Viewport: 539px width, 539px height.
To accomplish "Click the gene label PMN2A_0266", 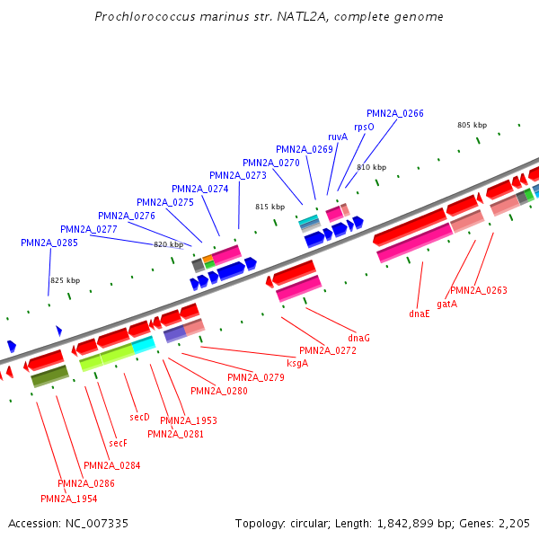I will (x=395, y=113).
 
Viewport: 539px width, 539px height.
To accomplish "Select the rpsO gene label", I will (x=364, y=127).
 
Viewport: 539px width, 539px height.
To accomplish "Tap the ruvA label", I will (x=338, y=137).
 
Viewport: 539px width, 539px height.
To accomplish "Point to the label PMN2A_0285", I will (x=49, y=243).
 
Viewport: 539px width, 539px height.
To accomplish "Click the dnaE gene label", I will (x=420, y=314).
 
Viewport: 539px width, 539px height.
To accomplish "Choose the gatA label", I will (x=447, y=304).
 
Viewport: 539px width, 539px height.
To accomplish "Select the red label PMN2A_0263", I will (x=479, y=290).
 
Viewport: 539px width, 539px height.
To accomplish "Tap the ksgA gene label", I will (x=297, y=363).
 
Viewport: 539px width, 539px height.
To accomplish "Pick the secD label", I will (x=139, y=417).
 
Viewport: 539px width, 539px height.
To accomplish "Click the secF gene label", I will (x=119, y=443).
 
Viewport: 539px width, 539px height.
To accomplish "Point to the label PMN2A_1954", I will (x=69, y=498).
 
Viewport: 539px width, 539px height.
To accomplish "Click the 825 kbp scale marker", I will (x=65, y=280).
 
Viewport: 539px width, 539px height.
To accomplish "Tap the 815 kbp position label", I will (x=269, y=207).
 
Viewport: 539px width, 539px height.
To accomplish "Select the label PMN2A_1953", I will (x=189, y=420).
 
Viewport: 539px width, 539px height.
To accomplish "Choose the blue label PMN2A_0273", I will (x=238, y=175).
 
